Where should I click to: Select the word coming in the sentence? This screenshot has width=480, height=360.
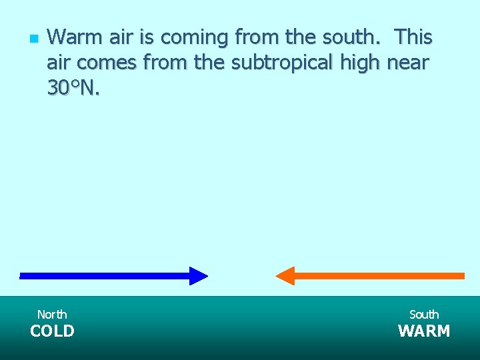point(193,38)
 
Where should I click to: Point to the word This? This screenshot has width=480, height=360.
point(413,37)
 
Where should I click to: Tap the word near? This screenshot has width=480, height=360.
point(408,63)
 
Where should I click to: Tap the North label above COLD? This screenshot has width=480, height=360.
point(52,314)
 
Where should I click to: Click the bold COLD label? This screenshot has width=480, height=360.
point(52,331)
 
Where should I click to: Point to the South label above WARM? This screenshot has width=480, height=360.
point(424,314)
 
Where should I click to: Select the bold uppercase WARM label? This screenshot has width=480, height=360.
point(424,331)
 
